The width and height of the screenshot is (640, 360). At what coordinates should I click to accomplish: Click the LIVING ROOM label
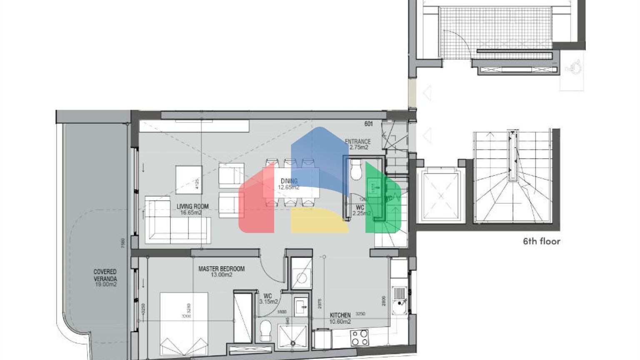click(x=192, y=207)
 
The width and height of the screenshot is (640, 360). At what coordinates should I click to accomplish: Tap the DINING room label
click(x=289, y=181)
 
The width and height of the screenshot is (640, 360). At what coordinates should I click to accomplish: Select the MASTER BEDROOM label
click(x=221, y=269)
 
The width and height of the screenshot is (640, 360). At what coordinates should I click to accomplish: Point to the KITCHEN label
click(x=340, y=315)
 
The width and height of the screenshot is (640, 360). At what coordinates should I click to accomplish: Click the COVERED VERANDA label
click(x=105, y=275)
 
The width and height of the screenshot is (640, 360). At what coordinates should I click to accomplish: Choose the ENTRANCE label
click(x=357, y=142)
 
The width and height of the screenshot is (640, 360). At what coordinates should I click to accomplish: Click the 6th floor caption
click(x=542, y=241)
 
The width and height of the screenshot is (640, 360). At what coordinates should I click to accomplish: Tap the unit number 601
click(x=368, y=124)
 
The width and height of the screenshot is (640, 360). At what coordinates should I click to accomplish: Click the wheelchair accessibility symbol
click(x=575, y=67)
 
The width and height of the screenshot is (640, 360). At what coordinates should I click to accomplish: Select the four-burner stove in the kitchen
click(x=360, y=337)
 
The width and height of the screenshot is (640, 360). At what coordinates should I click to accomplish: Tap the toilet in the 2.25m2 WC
click(x=357, y=170)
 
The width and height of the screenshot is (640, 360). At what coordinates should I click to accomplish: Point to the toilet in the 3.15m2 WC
click(x=265, y=331)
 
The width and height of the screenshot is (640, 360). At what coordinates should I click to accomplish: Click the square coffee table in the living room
click(x=189, y=180)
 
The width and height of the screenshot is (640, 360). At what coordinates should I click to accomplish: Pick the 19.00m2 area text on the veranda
click(x=105, y=285)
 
